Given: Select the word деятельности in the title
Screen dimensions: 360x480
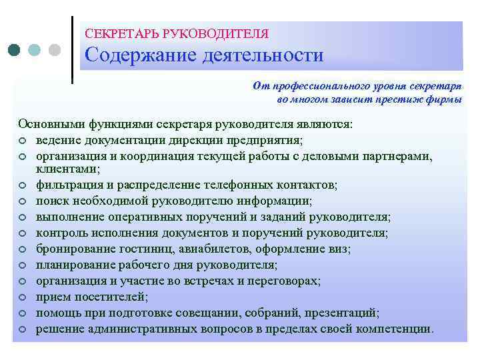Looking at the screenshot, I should [260, 55].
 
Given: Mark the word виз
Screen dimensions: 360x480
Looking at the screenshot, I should [339, 249].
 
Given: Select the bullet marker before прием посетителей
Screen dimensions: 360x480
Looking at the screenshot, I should [23, 297].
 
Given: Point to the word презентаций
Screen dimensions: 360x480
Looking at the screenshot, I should [345, 313].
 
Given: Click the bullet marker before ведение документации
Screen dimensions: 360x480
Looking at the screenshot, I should [23, 140].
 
